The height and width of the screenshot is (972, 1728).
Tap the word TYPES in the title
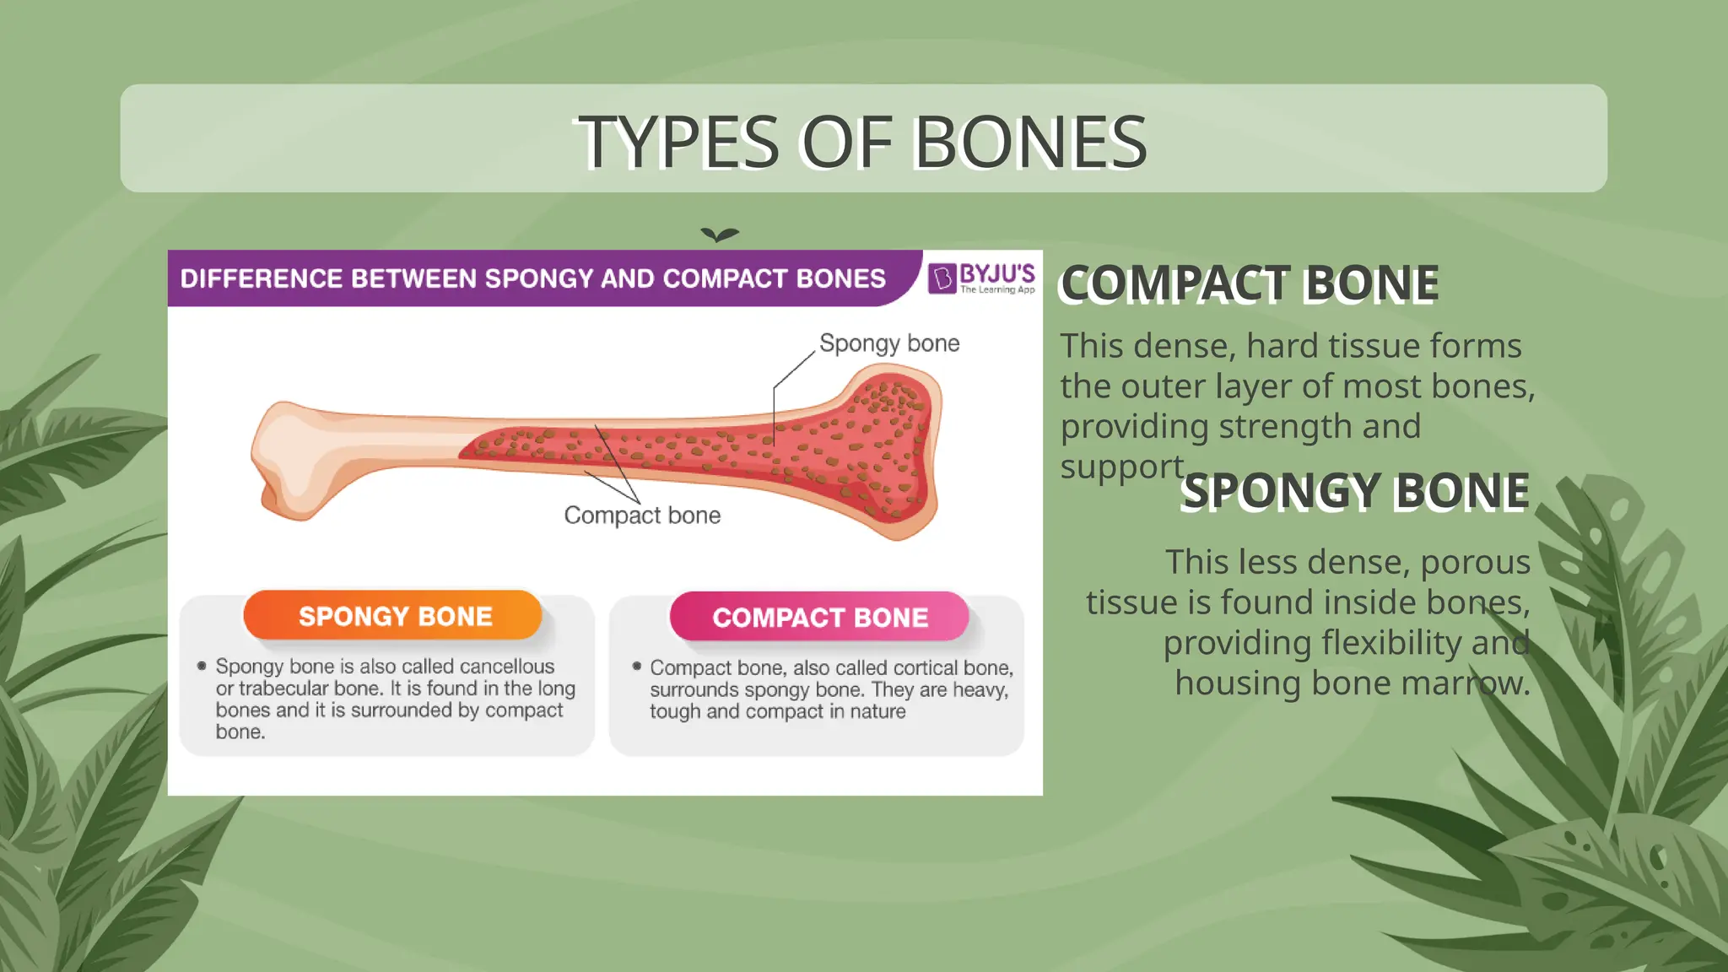point(678,142)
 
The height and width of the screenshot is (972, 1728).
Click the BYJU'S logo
point(981,278)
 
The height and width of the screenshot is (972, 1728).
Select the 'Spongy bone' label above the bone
point(889,343)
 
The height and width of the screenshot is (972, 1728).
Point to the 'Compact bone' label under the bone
point(642,515)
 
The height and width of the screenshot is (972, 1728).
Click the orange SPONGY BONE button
point(393,616)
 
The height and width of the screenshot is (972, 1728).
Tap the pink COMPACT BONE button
point(819,617)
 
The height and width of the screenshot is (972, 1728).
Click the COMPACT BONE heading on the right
point(1249,283)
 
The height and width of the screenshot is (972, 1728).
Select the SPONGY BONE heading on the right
point(1354,491)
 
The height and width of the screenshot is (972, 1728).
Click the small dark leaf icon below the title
point(720,235)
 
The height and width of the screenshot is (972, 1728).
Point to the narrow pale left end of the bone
point(287,460)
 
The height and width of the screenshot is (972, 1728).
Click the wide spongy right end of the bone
point(886,456)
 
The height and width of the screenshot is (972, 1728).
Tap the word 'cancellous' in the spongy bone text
point(507,667)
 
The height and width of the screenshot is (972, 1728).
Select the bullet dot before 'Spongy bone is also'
point(202,666)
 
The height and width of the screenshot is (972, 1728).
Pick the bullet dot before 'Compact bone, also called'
point(637,667)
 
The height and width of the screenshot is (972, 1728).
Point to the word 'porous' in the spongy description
point(1475,562)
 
